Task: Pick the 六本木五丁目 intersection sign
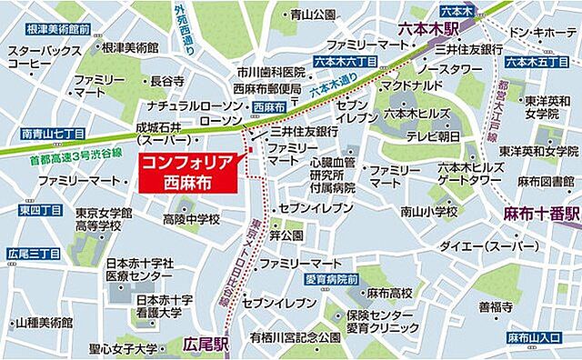coord(530,62)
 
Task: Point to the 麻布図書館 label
coord(542,183)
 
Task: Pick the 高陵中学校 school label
coord(192,219)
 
